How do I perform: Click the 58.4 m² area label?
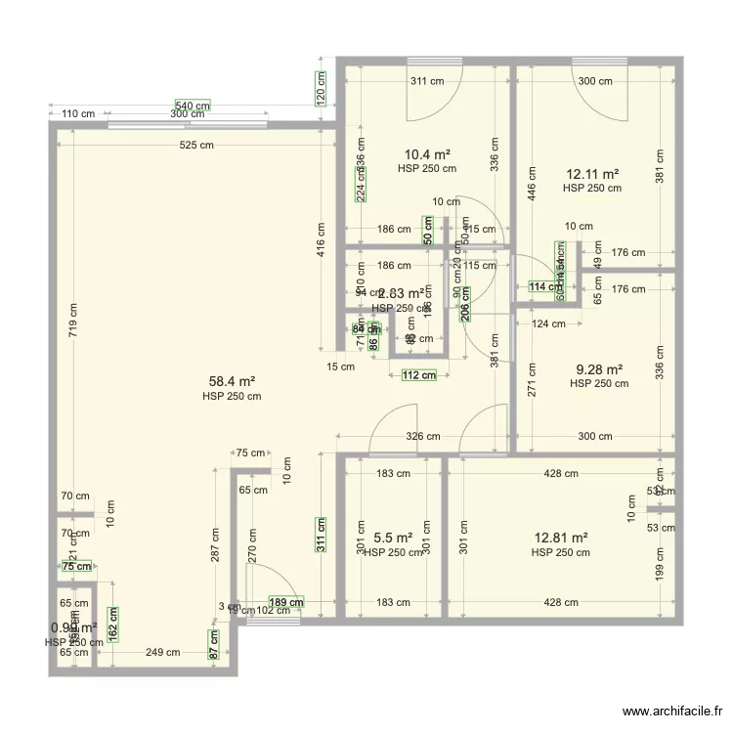coord(232,382)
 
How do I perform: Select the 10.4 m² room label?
coord(427,154)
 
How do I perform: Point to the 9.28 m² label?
coord(599,369)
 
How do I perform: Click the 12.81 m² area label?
coord(561,538)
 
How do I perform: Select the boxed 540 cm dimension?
coord(193,106)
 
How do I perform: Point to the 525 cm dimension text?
coord(195,146)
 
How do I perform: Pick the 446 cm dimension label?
coord(532,182)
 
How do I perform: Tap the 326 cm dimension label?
coord(422,437)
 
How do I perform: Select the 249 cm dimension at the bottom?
coord(162,652)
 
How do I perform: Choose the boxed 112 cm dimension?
coord(418,374)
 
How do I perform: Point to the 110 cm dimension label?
coord(78,114)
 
